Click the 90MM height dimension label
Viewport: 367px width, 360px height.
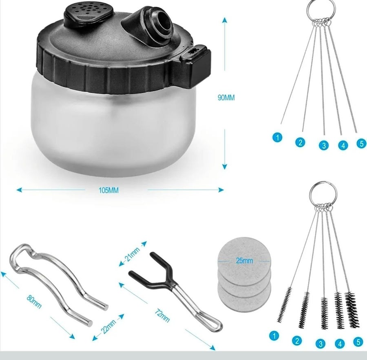coord(226,98)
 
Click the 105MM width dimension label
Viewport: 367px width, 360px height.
coord(108,190)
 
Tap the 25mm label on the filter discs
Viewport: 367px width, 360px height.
coord(244,260)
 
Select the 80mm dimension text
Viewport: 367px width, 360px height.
coord(34,302)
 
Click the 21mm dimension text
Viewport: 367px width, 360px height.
coord(132,254)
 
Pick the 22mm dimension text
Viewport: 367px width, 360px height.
coord(108,326)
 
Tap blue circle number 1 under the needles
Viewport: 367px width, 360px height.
coord(277,137)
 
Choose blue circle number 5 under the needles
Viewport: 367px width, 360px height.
coord(362,143)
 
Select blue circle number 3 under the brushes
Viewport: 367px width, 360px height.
coord(321,344)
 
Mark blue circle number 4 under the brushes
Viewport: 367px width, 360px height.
coord(340,344)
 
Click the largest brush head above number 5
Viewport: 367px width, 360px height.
coord(352,309)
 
